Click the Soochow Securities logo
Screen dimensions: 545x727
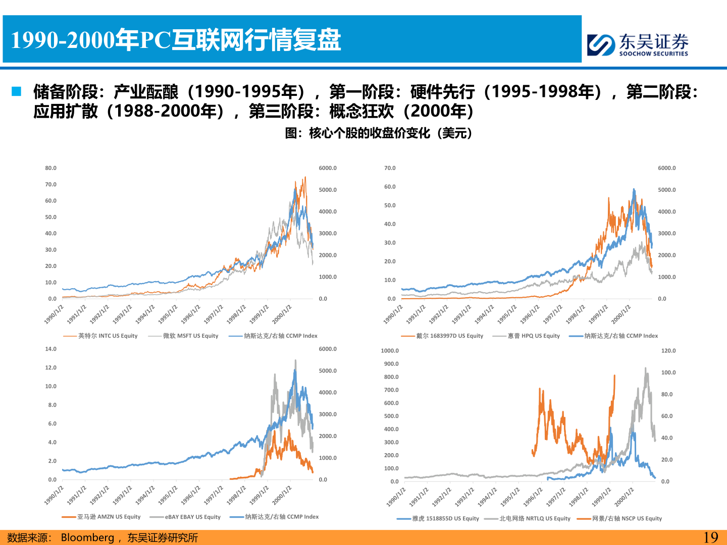tap(638, 44)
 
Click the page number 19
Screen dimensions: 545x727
tap(711, 537)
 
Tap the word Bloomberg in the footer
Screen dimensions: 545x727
tap(87, 537)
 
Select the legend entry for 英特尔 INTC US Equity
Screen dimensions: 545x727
tap(100, 336)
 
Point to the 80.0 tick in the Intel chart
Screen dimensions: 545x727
tap(51, 168)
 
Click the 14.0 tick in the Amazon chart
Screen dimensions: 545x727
tap(51, 349)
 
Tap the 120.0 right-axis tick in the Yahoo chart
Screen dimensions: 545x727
tap(668, 351)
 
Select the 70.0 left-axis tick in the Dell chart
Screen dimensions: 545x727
tap(390, 168)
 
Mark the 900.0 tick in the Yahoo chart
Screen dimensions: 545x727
tap(391, 364)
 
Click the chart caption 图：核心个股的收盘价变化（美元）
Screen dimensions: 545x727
tap(379, 133)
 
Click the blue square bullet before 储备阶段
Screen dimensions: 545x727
tap(17, 91)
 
